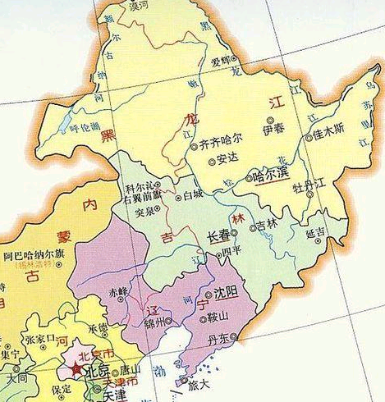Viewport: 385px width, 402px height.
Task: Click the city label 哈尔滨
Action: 271,174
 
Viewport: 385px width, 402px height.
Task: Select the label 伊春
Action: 273,130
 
